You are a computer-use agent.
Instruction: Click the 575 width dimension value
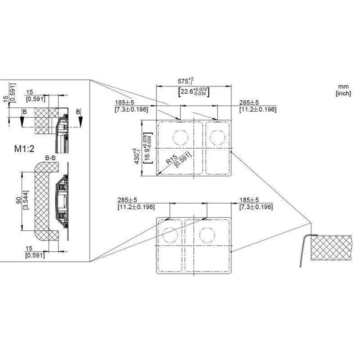185,81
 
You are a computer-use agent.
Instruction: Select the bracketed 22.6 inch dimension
194,92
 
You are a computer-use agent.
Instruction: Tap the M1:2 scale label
24,149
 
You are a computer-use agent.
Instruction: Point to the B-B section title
50,158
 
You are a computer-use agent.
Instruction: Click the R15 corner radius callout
171,159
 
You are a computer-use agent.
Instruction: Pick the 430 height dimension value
137,156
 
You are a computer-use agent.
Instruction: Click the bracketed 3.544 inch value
26,200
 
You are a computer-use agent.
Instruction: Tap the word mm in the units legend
343,87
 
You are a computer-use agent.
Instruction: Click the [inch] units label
343,93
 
